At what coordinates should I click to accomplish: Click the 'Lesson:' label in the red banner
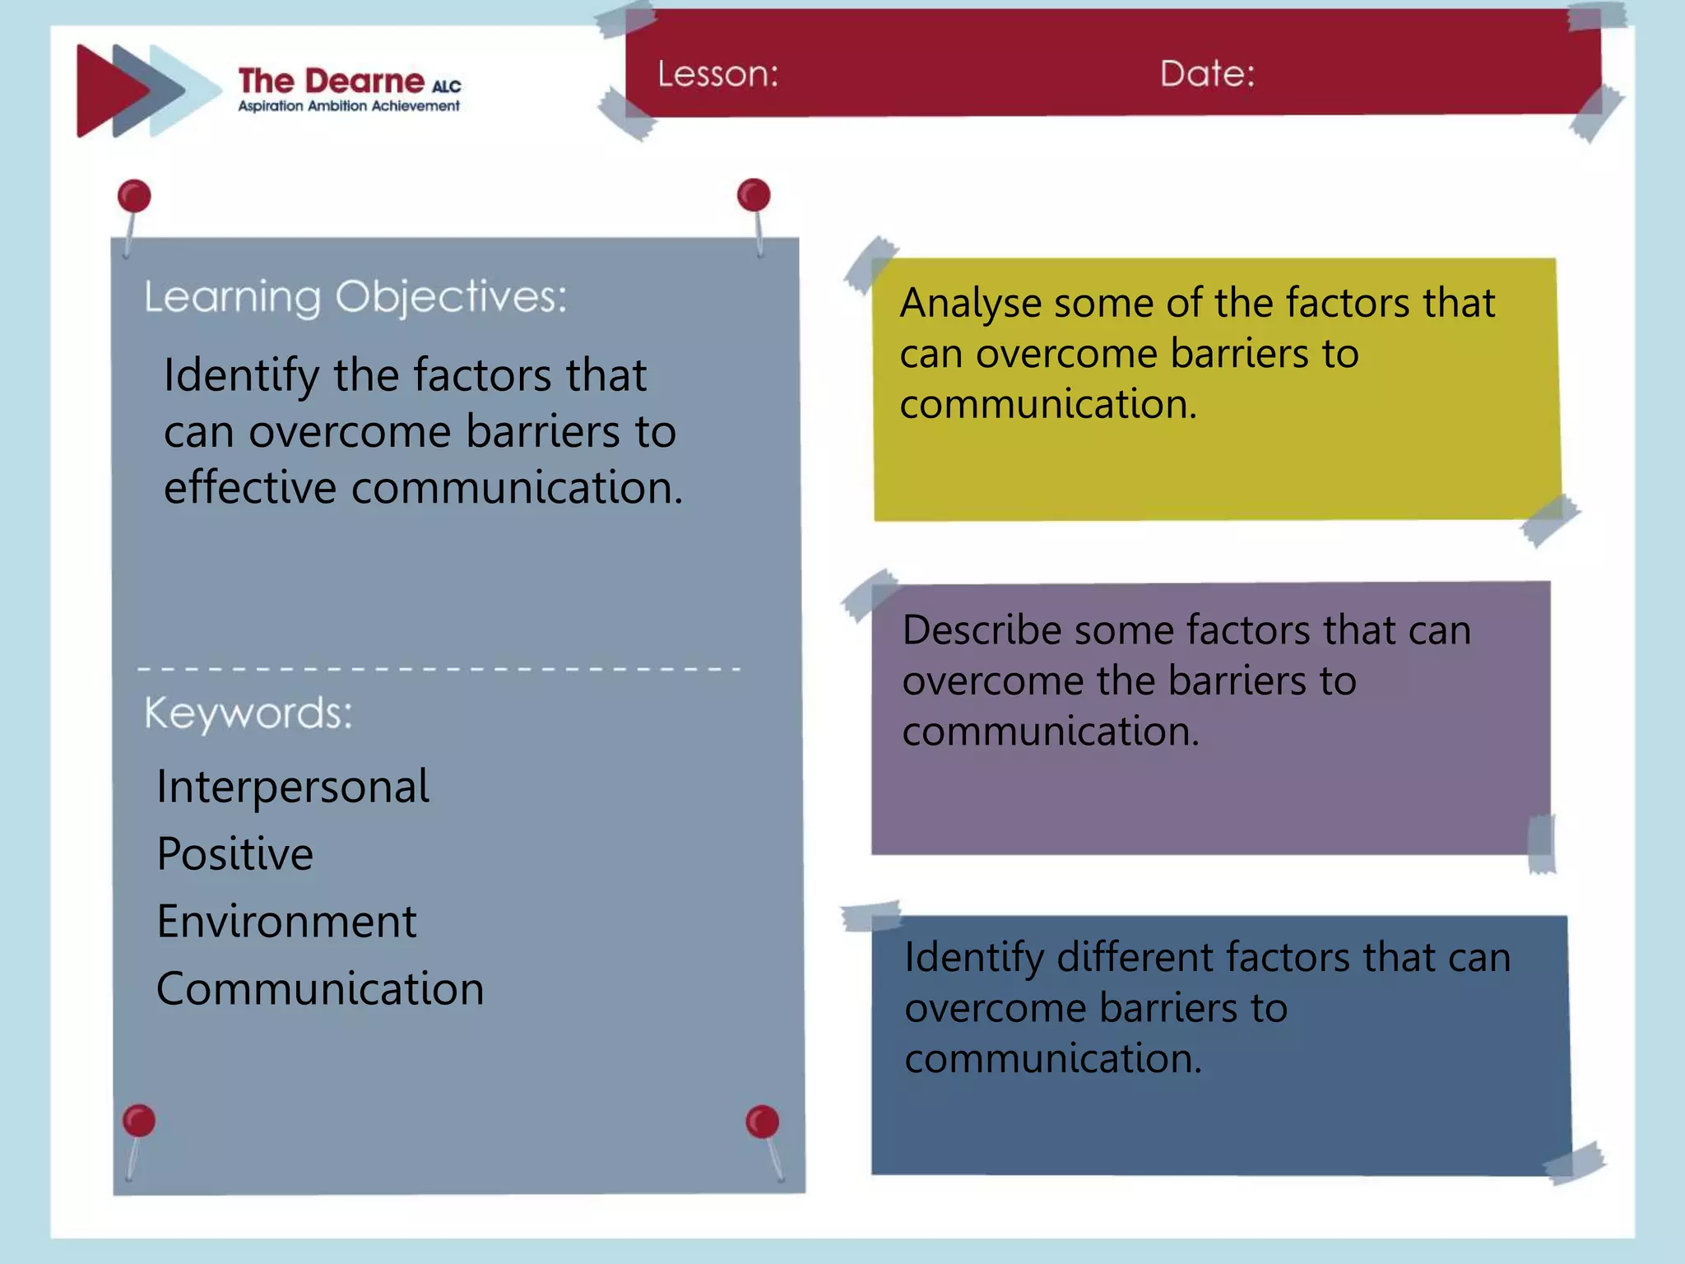[717, 75]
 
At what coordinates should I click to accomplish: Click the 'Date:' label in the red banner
[1207, 74]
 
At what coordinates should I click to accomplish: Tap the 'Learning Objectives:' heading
[355, 297]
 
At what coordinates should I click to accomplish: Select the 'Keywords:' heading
[248, 713]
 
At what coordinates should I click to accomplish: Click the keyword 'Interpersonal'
[293, 787]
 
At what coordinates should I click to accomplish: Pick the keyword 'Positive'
[235, 854]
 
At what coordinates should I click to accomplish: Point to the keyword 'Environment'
[286, 922]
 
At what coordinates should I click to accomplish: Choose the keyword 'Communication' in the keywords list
[320, 989]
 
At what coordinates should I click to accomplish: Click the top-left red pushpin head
[134, 197]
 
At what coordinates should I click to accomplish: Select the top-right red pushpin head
[754, 195]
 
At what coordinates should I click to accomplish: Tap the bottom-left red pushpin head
[138, 1121]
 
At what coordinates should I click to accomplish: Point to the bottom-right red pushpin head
[762, 1122]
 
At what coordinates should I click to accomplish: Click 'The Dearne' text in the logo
[332, 81]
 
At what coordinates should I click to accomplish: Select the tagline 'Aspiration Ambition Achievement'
[349, 106]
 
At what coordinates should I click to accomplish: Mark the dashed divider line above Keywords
[439, 669]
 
